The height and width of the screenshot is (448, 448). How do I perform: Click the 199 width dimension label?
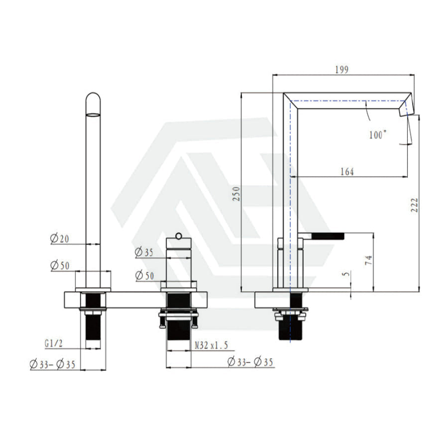(x=341, y=70)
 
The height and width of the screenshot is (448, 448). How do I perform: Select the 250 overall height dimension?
(x=236, y=194)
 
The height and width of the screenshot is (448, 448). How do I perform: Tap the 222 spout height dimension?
(x=414, y=205)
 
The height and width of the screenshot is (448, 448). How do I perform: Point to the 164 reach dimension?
(x=347, y=172)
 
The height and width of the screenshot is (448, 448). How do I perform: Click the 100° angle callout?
(x=378, y=134)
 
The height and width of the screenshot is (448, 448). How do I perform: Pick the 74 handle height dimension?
(x=368, y=260)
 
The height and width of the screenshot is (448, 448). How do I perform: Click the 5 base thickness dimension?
(x=346, y=274)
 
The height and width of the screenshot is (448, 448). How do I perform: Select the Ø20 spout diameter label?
(x=59, y=238)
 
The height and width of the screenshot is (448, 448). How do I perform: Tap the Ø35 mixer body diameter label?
(x=144, y=252)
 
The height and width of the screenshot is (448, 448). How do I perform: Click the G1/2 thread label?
(x=53, y=343)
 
